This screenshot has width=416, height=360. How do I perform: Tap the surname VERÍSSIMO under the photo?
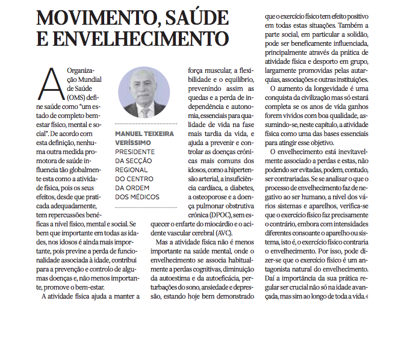coord(133,143)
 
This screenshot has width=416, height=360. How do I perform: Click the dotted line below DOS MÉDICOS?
coord(144,206)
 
